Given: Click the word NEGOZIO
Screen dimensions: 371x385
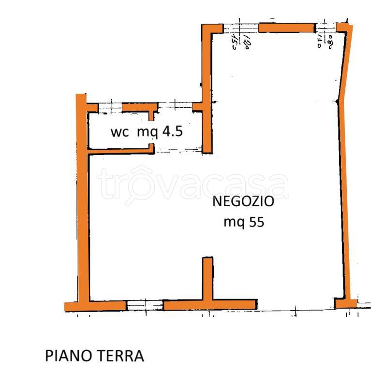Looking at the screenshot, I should tap(243, 201).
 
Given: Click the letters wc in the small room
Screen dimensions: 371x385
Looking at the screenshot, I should tap(120, 132).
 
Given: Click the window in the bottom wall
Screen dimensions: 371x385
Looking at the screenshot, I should tap(145, 305).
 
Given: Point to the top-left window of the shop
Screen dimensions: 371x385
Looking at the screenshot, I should tap(240, 28).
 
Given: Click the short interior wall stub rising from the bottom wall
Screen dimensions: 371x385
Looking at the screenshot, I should tap(207, 278).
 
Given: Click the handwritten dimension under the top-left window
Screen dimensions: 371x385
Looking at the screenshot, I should tap(240, 43).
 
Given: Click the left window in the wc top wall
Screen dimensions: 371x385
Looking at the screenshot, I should tap(110, 107).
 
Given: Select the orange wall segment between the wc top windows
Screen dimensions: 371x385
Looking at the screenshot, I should tap(139, 107).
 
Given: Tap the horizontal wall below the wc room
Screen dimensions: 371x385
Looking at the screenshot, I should tap(121, 151).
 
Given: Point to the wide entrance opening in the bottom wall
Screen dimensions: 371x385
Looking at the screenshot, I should tap(295, 304).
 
